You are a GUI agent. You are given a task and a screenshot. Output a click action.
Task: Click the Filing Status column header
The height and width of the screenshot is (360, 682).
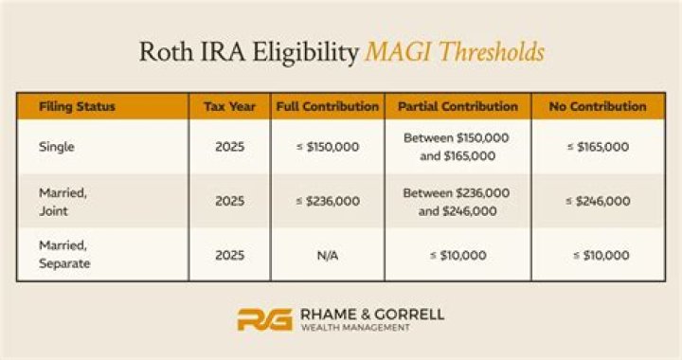(x=78, y=106)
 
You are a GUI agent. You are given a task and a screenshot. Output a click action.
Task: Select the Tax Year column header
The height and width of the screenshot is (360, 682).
(x=229, y=106)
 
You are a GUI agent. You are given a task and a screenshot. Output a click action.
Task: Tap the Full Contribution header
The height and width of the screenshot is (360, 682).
(x=327, y=106)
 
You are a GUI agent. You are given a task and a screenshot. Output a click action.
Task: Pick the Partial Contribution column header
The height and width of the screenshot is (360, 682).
(x=457, y=106)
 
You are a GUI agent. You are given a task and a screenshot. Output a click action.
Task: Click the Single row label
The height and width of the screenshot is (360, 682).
(x=56, y=147)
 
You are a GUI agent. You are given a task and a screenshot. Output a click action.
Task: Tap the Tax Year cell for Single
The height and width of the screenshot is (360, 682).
(x=229, y=147)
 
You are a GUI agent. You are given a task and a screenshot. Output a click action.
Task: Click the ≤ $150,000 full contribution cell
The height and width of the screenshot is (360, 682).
(x=327, y=147)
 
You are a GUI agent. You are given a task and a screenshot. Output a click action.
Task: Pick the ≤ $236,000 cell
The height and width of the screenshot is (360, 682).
(x=327, y=201)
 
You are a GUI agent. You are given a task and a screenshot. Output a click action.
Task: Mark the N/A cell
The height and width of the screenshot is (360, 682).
(x=327, y=254)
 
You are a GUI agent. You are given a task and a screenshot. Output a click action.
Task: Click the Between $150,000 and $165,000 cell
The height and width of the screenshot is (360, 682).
(x=457, y=147)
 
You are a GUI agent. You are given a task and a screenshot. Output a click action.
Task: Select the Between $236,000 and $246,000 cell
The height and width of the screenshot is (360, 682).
(x=457, y=201)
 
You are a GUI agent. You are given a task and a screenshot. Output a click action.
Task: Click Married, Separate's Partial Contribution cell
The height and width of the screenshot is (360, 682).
(x=457, y=254)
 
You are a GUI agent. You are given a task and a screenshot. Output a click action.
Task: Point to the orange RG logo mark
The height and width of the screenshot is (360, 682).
(x=263, y=319)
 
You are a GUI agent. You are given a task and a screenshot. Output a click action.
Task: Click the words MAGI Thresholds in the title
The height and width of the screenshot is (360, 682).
(x=455, y=51)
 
